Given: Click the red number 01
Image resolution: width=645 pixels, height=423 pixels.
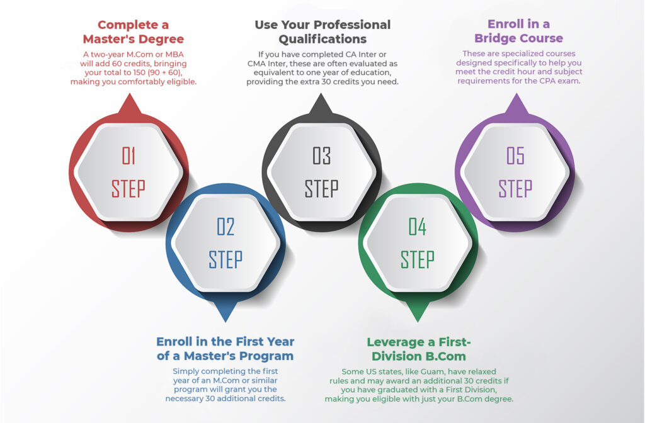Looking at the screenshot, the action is [x=128, y=156].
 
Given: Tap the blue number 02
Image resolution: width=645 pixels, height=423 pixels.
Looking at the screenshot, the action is [x=225, y=227].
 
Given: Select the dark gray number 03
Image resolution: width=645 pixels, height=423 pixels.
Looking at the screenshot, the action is [x=322, y=156].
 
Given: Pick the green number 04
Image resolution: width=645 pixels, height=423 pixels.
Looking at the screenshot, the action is [x=418, y=227].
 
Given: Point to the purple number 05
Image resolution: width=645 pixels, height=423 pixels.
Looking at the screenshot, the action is [x=515, y=156].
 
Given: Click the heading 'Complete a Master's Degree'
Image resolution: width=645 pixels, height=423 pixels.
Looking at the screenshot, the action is [x=134, y=31].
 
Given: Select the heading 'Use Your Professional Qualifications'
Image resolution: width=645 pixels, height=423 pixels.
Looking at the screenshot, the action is [x=322, y=31].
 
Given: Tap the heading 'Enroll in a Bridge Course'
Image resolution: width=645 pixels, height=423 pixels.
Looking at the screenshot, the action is [x=519, y=31].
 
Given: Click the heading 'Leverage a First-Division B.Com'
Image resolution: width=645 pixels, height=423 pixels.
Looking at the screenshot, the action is [x=419, y=349].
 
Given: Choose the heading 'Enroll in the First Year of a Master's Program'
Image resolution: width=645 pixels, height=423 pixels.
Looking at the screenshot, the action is [x=225, y=349].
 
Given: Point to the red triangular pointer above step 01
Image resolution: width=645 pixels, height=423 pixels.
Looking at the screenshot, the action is [x=130, y=104].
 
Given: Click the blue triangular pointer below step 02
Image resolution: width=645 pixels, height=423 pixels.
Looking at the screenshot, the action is [x=225, y=312].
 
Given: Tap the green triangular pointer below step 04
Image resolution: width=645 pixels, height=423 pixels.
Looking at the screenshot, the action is [x=418, y=312].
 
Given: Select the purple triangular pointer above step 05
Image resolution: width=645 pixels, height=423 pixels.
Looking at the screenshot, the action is [x=517, y=104].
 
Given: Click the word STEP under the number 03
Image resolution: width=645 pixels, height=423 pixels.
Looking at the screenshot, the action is [x=322, y=189].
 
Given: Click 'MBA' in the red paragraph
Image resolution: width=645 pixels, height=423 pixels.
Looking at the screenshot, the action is [x=174, y=54].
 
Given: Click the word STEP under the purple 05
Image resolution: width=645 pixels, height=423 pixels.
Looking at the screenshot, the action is [x=515, y=189].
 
